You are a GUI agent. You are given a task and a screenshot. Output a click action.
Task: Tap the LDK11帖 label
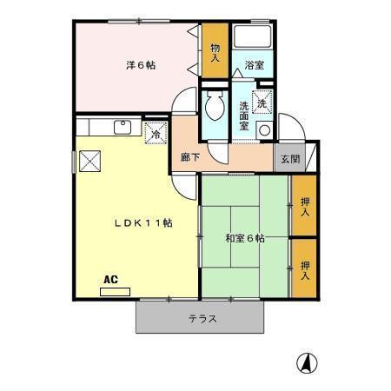[142, 222]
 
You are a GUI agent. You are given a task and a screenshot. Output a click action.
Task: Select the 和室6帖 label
[244, 237]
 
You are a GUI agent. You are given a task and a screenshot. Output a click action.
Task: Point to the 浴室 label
[254, 66]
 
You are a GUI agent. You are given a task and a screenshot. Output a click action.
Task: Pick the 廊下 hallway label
[190, 158]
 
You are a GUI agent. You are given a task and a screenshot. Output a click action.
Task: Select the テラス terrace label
[202, 319]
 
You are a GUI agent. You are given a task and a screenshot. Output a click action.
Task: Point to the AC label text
[110, 280]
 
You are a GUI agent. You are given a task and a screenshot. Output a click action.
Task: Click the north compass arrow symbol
[307, 361]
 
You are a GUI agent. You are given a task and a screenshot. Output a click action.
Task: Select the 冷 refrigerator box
[155, 133]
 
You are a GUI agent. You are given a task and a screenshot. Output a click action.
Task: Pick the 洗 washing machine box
[262, 101]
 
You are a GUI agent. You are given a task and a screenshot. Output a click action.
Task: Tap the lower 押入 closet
[304, 268]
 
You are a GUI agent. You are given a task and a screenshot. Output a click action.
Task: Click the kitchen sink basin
[124, 127]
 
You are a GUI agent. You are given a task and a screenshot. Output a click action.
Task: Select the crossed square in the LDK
[89, 162]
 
